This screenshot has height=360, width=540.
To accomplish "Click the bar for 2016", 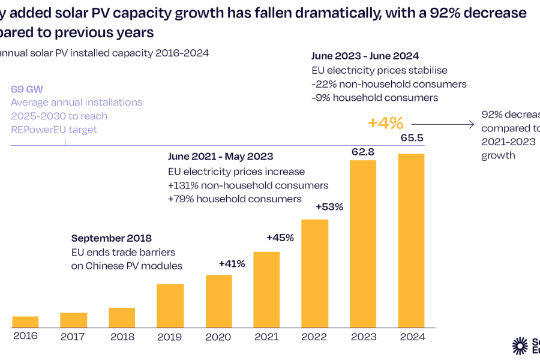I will [25, 322].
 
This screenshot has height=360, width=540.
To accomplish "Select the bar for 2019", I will [170, 305].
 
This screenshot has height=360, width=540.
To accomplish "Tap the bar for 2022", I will [314, 273].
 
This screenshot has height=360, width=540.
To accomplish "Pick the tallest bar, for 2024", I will [412, 241].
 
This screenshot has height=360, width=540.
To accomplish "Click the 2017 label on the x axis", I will [73, 337].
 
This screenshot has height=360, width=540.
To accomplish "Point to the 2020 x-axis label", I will [218, 337].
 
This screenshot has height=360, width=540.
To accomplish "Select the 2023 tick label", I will [363, 337].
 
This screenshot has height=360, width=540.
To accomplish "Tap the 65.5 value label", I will [412, 138].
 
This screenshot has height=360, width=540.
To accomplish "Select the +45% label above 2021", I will [280, 238].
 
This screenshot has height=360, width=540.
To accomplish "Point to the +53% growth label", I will [329, 207].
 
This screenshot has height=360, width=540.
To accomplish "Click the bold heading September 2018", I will [111, 238].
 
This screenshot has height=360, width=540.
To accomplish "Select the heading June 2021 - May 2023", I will [220, 157].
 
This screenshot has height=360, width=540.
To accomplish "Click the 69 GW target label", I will [27, 89].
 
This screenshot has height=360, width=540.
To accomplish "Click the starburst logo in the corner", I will [520, 345].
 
